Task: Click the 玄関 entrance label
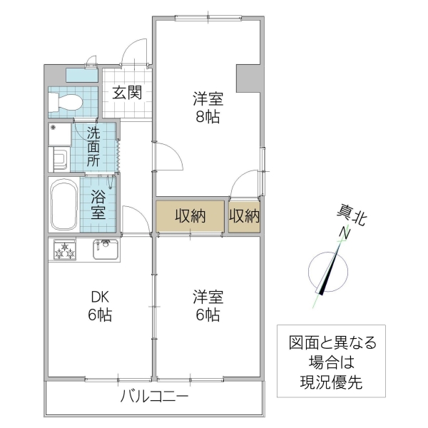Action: (126, 92)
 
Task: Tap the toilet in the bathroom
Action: (64, 101)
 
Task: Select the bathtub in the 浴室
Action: (64, 204)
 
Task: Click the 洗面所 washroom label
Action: (93, 146)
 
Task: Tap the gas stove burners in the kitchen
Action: (64, 250)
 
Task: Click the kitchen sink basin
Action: (105, 250)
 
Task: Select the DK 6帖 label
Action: (99, 305)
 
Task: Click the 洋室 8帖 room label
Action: (207, 106)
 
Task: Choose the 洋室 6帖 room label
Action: (207, 305)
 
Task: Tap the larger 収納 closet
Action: (190, 215)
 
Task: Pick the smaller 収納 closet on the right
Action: (244, 215)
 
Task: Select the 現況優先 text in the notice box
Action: (331, 382)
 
